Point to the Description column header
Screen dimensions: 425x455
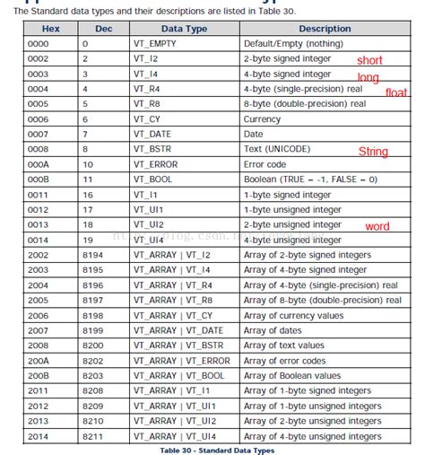coord(325,28)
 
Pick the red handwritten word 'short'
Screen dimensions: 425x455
coord(369,61)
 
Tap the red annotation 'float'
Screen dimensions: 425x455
coord(396,92)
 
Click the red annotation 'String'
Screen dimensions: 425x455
coord(373,152)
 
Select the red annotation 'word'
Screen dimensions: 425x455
coord(377,226)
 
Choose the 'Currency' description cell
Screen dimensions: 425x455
coord(263,118)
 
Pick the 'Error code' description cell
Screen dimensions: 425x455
coord(265,164)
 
